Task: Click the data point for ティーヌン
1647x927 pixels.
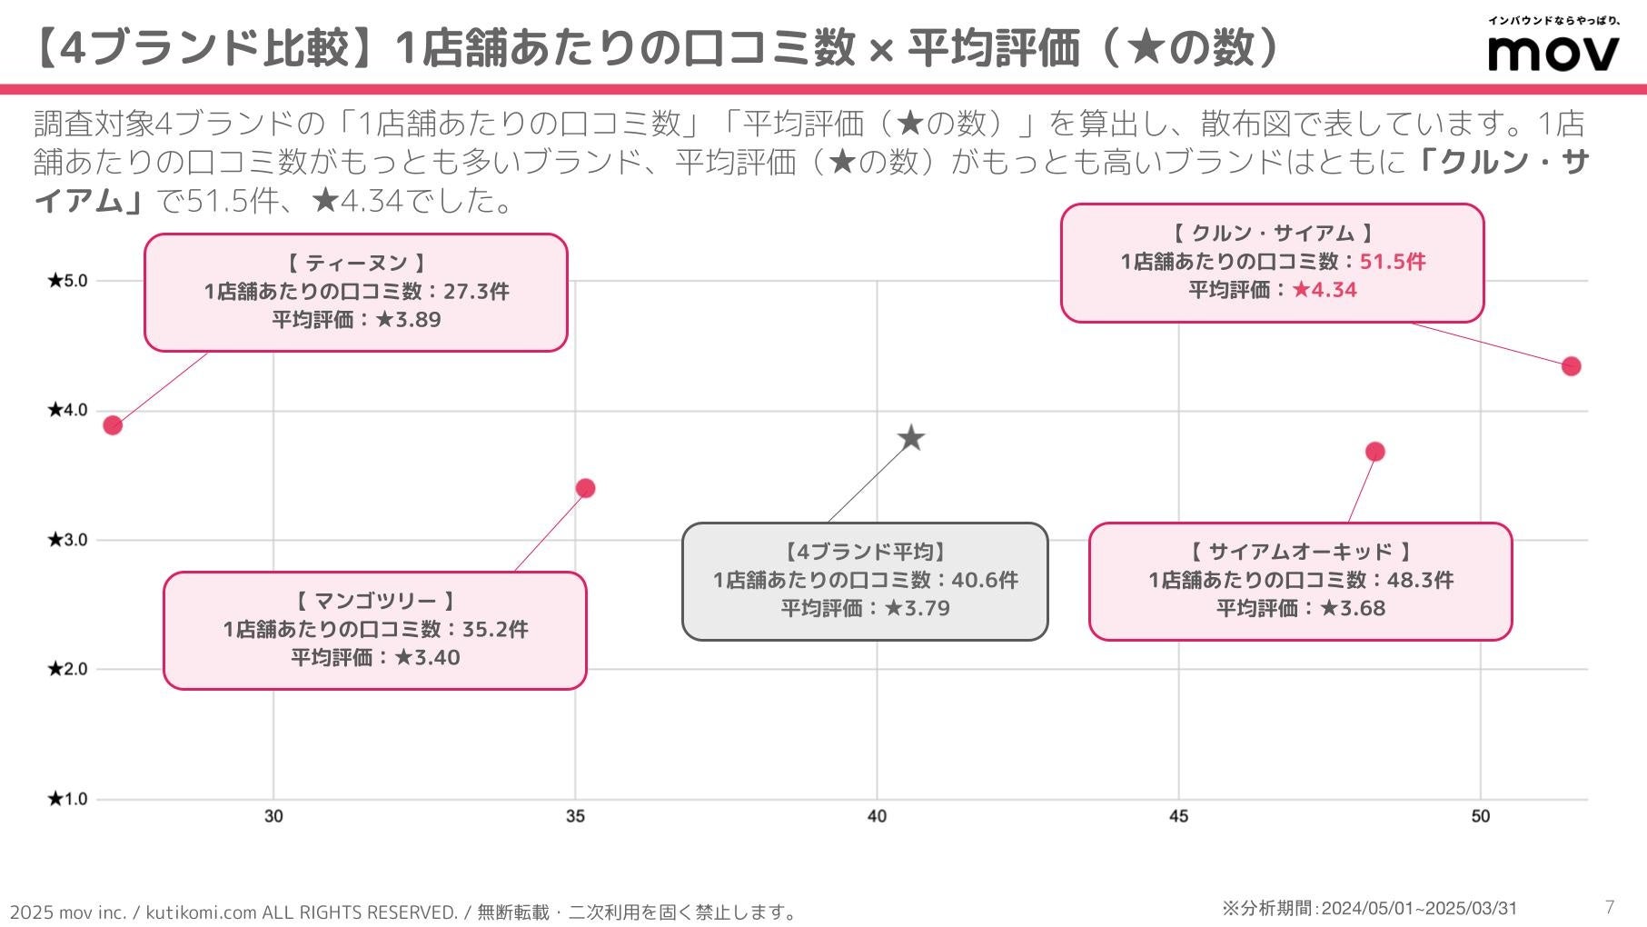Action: (113, 425)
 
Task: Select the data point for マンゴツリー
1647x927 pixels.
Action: (585, 489)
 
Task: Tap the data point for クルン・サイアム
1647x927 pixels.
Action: (1571, 366)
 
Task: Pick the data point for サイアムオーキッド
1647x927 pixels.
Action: (1374, 452)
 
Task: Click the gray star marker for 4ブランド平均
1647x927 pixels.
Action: (911, 439)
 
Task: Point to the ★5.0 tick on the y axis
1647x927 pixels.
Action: (68, 281)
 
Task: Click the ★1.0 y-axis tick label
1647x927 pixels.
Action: (68, 800)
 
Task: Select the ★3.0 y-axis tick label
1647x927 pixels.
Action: (68, 540)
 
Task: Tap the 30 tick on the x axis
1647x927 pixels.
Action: (273, 816)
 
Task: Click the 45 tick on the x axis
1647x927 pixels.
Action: (1178, 816)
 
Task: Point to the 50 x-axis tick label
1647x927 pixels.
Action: (1480, 816)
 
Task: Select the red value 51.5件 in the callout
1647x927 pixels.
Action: (1393, 262)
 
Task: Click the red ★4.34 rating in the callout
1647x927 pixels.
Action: (1325, 290)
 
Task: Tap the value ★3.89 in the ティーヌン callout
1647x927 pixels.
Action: (408, 320)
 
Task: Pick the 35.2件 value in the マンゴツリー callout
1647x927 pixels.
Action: (495, 629)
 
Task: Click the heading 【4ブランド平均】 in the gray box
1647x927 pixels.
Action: (865, 552)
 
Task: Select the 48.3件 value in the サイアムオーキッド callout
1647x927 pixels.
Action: (1420, 580)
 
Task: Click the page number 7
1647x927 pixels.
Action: (1610, 907)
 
